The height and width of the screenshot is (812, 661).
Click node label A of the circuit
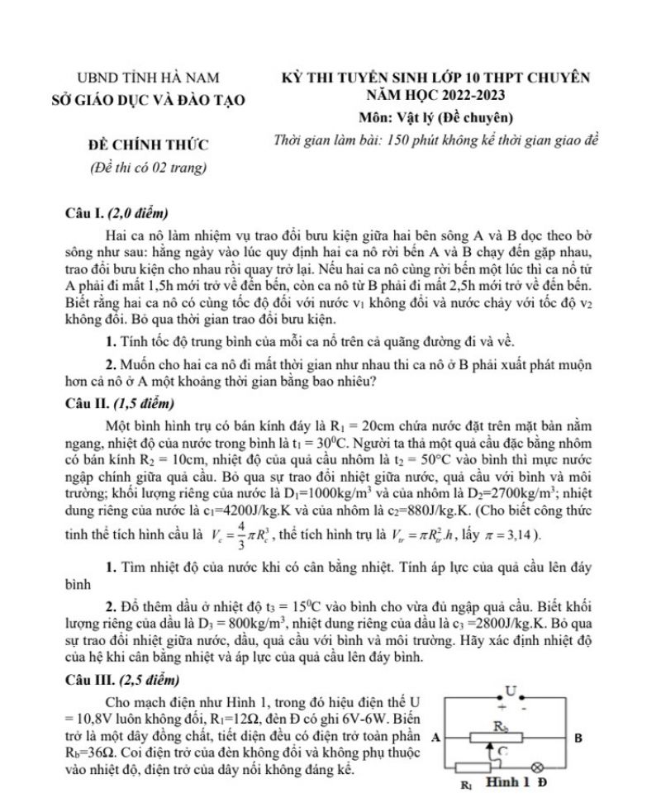coord(435,738)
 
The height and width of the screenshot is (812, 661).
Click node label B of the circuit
coord(578,738)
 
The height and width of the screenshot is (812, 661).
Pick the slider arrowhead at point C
coord(495,750)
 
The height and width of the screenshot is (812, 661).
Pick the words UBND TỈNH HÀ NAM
coord(149,78)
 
